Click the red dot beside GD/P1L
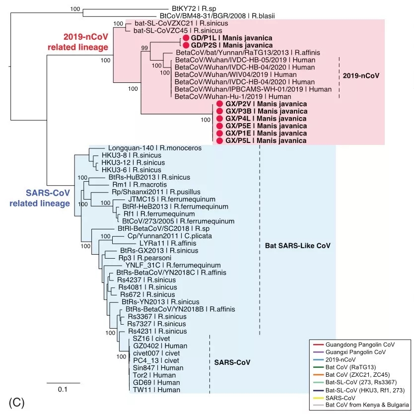186,38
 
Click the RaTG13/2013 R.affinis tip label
248,52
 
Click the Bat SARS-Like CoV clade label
295,246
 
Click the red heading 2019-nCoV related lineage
85,42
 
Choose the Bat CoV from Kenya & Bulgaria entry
367,406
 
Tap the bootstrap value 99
145,48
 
